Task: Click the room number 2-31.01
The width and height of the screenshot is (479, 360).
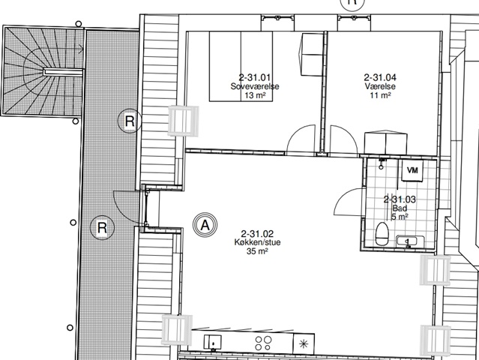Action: pyautogui.click(x=254, y=77)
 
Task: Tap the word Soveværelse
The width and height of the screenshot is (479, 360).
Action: pyautogui.click(x=255, y=86)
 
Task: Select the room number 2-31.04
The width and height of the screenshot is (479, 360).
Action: pyautogui.click(x=380, y=77)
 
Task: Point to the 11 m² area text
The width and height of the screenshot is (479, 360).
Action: pyautogui.click(x=380, y=95)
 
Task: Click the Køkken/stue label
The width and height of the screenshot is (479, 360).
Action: pyautogui.click(x=257, y=242)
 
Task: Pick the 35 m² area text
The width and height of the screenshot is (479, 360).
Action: pyautogui.click(x=257, y=251)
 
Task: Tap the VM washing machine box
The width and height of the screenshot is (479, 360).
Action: pyautogui.click(x=412, y=170)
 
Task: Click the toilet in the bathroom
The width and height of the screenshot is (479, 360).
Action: pyautogui.click(x=382, y=234)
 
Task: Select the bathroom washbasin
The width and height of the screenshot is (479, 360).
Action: pyautogui.click(x=407, y=241)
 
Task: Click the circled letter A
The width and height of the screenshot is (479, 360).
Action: pyautogui.click(x=205, y=225)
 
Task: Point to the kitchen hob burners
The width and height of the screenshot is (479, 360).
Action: pyautogui.click(x=263, y=343)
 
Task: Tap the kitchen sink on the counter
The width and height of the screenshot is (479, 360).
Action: pyautogui.click(x=212, y=342)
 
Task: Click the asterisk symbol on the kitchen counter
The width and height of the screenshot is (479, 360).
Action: pyautogui.click(x=304, y=344)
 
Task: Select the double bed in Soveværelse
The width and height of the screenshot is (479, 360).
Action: pyautogui.click(x=241, y=66)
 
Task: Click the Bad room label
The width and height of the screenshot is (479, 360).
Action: pyautogui.click(x=400, y=208)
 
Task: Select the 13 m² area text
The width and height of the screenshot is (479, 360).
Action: pyautogui.click(x=255, y=95)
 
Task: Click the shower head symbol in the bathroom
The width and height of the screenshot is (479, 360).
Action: pyautogui.click(x=382, y=164)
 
